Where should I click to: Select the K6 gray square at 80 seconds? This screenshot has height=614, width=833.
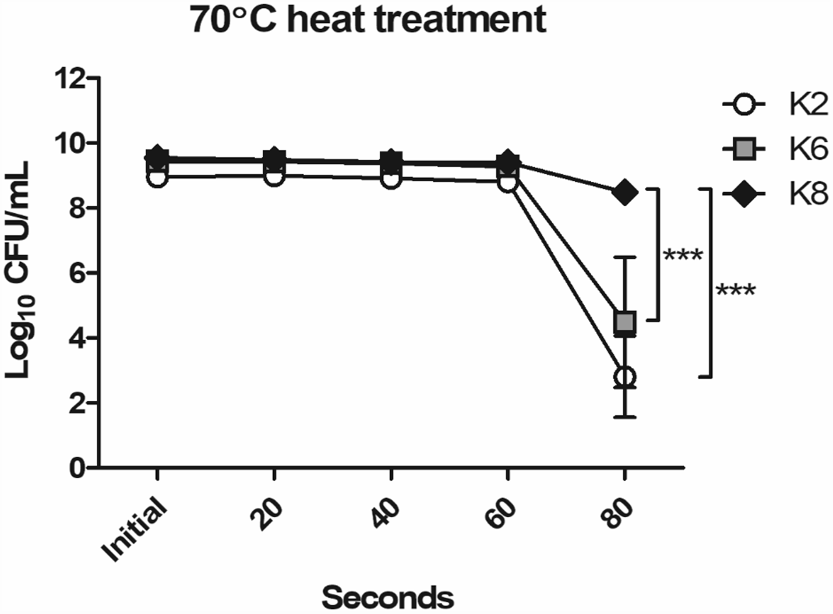point(624,322)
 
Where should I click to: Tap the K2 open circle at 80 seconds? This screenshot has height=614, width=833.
point(624,377)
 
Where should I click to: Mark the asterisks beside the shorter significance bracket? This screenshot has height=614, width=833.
point(682,255)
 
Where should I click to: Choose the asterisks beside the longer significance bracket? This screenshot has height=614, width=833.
point(735,290)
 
